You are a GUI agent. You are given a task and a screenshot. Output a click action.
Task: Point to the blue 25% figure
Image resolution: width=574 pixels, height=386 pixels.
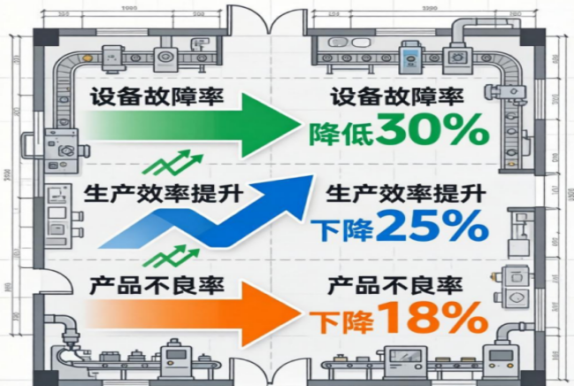pos(432,228)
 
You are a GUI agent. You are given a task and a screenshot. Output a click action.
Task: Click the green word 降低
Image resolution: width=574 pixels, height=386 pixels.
pos(341,134)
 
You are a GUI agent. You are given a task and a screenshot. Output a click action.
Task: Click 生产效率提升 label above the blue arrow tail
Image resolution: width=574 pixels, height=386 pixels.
pos(157,193)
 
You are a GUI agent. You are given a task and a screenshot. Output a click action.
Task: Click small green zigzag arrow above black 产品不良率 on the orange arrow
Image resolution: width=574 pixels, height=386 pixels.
pos(171,257)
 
